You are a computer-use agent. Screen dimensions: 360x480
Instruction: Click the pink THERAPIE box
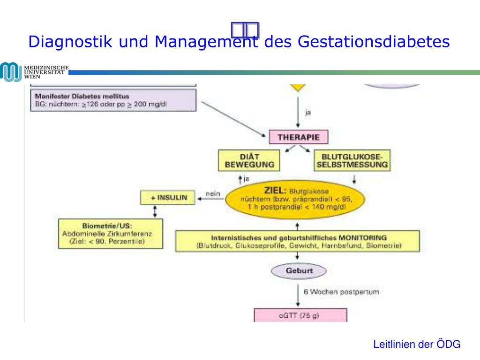298,137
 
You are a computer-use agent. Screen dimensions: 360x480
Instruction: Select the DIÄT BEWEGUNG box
248,160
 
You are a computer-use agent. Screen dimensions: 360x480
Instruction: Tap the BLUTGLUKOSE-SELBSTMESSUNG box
352,160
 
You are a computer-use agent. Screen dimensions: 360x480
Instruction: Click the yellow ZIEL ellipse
295,199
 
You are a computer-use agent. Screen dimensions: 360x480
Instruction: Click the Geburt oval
299,270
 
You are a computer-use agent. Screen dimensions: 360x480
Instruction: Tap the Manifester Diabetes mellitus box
113,100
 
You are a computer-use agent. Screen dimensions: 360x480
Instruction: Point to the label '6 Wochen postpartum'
341,292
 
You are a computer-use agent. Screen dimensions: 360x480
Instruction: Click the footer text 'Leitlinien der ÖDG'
417,345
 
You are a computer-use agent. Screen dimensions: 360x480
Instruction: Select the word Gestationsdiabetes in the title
374,42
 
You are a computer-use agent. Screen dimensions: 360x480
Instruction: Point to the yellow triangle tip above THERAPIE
298,88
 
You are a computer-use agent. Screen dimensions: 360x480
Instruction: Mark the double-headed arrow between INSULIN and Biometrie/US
155,212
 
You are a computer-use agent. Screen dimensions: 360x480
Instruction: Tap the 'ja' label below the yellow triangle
307,112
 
